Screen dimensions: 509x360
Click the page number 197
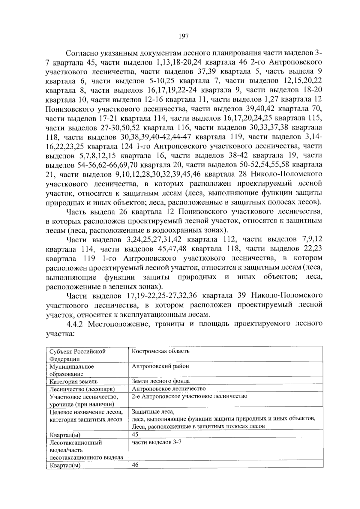[183, 37]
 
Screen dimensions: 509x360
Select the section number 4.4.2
[76, 324]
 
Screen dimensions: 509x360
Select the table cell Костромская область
[160, 351]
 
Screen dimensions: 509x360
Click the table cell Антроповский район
[160, 366]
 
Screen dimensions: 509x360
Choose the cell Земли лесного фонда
[161, 381]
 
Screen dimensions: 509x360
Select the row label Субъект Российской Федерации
[77, 355]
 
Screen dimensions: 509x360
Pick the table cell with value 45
[135, 434]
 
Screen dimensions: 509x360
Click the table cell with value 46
[135, 465]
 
